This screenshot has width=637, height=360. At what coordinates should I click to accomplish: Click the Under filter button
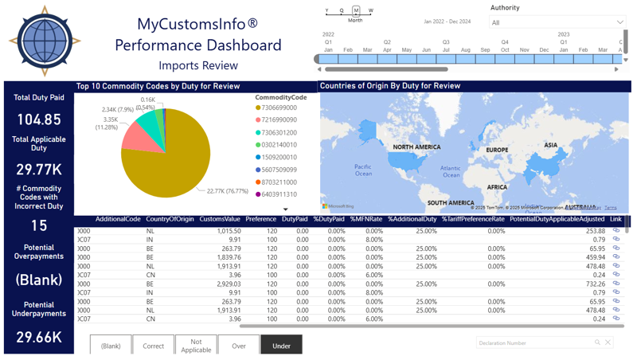point(281,346)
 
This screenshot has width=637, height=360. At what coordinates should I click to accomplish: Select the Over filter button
point(238,346)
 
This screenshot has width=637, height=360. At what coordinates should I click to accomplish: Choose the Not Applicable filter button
point(196,345)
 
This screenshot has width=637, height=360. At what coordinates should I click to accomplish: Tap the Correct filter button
point(153,346)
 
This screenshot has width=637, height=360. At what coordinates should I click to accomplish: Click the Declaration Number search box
point(535,342)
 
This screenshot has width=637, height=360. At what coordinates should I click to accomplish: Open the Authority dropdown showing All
point(557,22)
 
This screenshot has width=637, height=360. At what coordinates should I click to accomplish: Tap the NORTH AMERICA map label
point(416,147)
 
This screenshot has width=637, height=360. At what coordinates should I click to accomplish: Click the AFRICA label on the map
point(497,187)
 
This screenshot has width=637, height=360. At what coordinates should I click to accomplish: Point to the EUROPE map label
point(497,150)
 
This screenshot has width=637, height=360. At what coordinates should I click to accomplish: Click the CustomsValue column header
point(219,219)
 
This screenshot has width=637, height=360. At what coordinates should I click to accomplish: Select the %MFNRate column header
point(366,219)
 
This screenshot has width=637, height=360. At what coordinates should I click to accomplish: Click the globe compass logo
point(45,41)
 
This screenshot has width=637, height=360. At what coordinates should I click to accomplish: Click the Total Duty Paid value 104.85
point(39,119)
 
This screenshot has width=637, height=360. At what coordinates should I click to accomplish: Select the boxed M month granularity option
point(356,11)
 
